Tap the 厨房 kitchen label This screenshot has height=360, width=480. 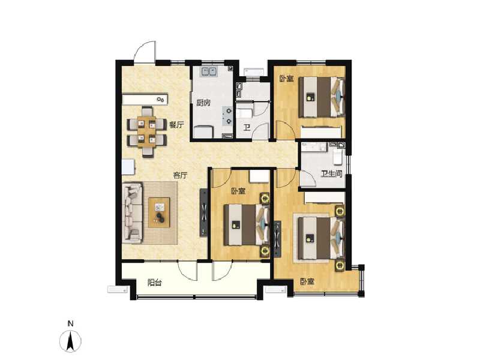pos(203,103)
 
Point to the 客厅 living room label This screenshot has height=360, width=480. pos(181,175)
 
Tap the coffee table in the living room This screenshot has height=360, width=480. pos(160,211)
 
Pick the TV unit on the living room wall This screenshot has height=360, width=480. pos(203,213)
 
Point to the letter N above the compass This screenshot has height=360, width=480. pos(71,325)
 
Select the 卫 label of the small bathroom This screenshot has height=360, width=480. pos(247,127)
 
